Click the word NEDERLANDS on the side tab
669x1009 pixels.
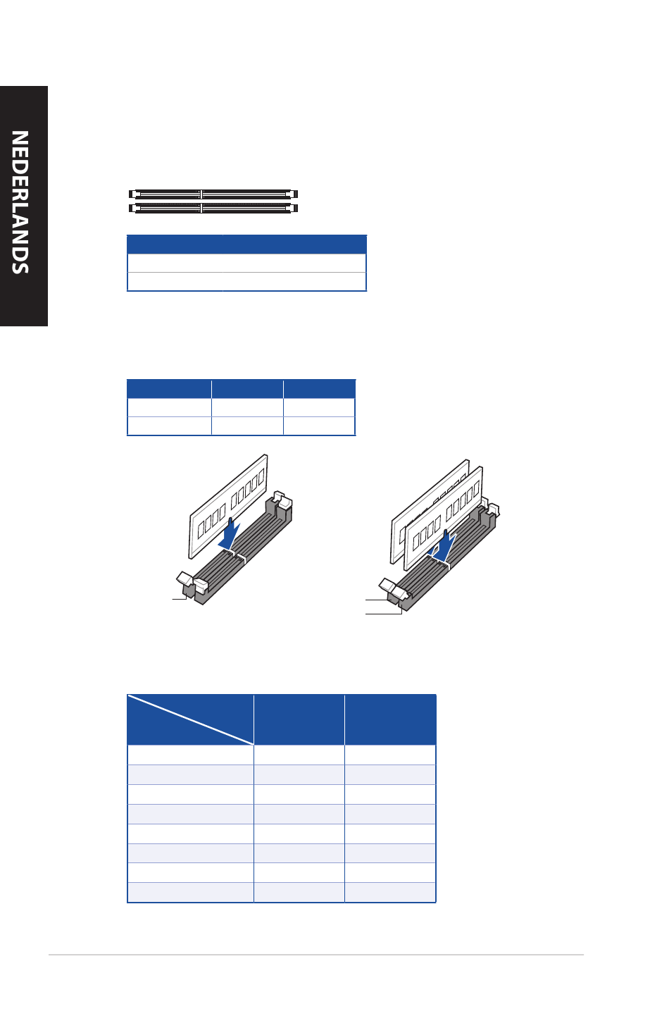click(x=20, y=202)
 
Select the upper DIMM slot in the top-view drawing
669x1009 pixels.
click(x=213, y=194)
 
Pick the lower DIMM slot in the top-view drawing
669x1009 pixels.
click(x=213, y=208)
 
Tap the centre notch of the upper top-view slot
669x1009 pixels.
click(x=201, y=194)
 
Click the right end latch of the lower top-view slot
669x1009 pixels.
click(x=294, y=208)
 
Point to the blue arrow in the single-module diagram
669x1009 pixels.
click(x=229, y=534)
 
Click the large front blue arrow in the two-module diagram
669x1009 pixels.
click(x=445, y=546)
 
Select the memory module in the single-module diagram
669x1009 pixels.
click(x=228, y=507)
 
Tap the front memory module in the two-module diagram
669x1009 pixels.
click(x=444, y=518)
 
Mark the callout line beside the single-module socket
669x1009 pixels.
click(x=180, y=598)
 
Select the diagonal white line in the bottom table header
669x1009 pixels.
click(x=190, y=720)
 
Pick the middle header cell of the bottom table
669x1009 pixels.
click(x=299, y=720)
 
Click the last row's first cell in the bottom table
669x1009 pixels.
click(x=190, y=892)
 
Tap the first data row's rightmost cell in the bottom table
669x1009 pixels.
click(x=390, y=755)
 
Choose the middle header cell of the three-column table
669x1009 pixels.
click(x=247, y=389)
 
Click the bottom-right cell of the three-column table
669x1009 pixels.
click(x=319, y=426)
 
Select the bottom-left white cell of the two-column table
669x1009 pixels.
click(x=175, y=282)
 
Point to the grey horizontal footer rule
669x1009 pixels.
click(x=316, y=955)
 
